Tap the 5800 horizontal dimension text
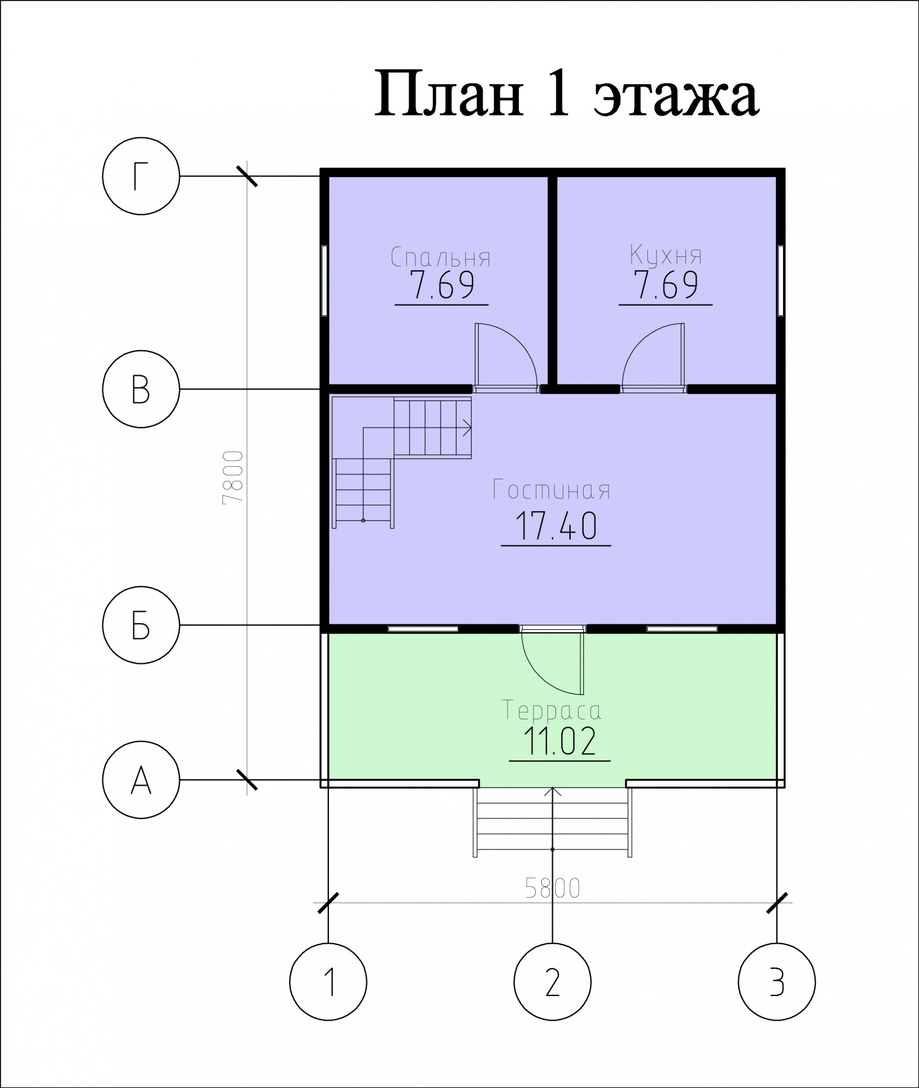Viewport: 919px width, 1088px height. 553,889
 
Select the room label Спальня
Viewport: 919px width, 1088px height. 441,257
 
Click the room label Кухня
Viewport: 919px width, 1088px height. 666,255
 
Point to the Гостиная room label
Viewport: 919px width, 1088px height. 552,490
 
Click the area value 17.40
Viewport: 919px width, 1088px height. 556,526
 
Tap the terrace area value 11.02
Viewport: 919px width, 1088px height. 560,741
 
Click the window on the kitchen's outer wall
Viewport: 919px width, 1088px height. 780,280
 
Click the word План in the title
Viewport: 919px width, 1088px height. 448,94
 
